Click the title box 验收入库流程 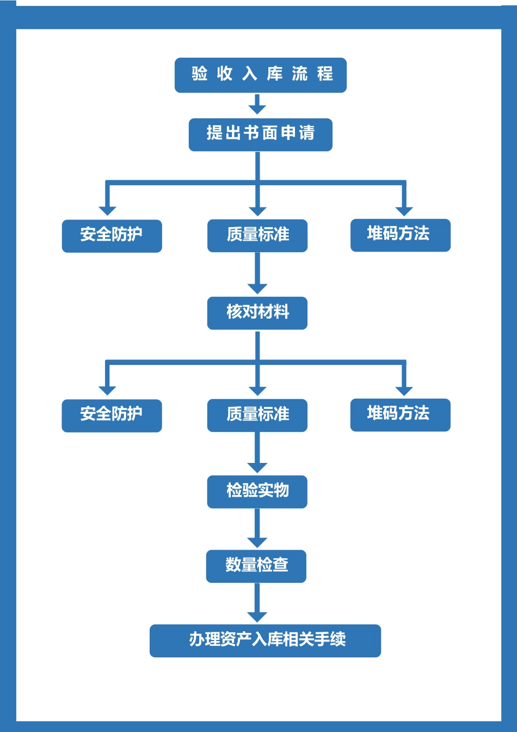tap(260, 75)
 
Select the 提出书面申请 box tap(260, 134)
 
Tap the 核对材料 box tap(257, 313)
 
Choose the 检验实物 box tap(257, 491)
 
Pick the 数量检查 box tap(256, 566)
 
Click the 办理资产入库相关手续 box tap(265, 640)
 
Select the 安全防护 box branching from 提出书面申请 tap(112, 235)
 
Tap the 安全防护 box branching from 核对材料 tap(112, 415)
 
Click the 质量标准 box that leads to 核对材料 tap(257, 235)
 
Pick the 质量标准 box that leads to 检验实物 tap(257, 415)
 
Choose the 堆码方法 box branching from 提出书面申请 tap(400, 235)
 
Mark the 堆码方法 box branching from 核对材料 tap(400, 414)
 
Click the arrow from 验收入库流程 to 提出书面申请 tap(257, 103)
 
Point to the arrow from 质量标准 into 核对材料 tap(257, 273)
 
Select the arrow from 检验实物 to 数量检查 tap(257, 528)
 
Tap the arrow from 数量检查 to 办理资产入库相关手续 tap(257, 602)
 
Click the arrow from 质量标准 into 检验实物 tap(257, 453)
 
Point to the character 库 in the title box tap(275, 74)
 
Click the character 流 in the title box tap(300, 74)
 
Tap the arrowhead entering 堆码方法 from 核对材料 tap(404, 390)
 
